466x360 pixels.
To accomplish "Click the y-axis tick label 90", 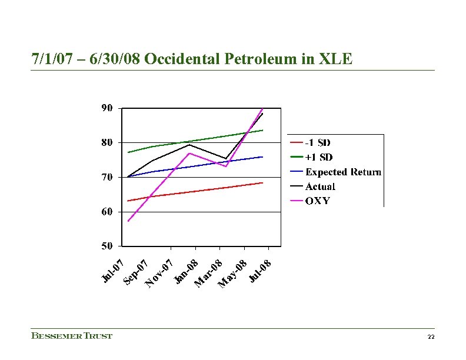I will click(x=107, y=108).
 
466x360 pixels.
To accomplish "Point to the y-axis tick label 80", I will click(x=107, y=142).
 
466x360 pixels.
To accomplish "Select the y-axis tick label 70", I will click(x=107, y=177).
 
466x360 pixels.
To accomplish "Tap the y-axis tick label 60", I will click(x=107, y=211).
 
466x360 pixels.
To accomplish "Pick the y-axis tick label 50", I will click(x=107, y=245).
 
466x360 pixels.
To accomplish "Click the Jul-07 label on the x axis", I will click(x=112, y=269).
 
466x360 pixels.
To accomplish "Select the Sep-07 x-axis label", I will click(x=135, y=272).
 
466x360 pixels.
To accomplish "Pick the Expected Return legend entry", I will click(x=343, y=172).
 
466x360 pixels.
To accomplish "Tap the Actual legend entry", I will click(x=320, y=186).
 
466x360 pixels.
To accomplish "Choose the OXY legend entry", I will click(x=318, y=201).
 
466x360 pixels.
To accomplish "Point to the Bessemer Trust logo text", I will click(x=71, y=336).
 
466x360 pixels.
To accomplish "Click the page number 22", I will click(x=431, y=336).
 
